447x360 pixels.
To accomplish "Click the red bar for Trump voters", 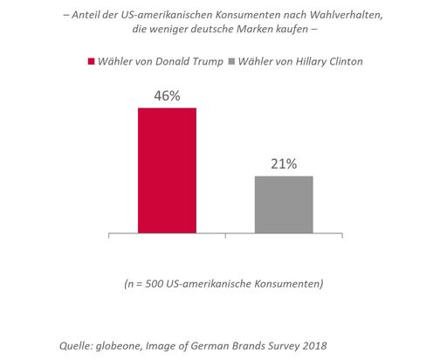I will pyautogui.click(x=167, y=170).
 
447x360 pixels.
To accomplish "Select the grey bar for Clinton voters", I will pyautogui.click(x=283, y=204).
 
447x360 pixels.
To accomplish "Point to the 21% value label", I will pyautogui.click(x=283, y=163).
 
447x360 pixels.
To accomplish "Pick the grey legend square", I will pyautogui.click(x=231, y=61).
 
